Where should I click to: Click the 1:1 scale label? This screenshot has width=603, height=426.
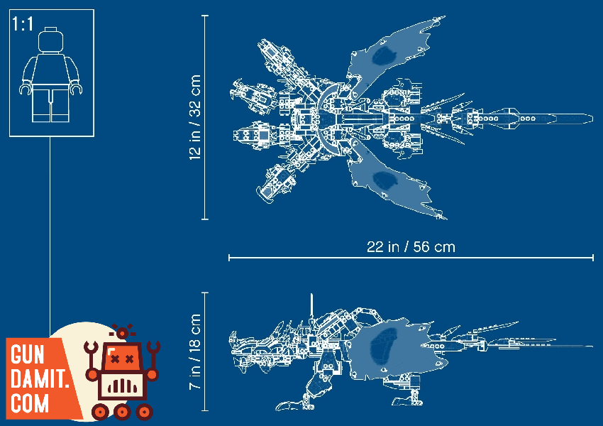tap(22, 24)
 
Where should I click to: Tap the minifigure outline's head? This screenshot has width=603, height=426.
tap(51, 40)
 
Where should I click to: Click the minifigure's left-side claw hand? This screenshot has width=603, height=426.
tap(26, 89)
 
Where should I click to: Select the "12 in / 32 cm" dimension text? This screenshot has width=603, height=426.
tap(195, 117)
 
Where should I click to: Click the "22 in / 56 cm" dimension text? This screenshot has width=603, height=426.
tap(411, 246)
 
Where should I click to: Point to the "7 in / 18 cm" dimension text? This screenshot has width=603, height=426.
tap(195, 351)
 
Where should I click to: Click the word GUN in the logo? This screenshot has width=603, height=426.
tap(27, 354)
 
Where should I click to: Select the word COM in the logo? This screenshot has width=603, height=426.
tap(30, 403)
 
